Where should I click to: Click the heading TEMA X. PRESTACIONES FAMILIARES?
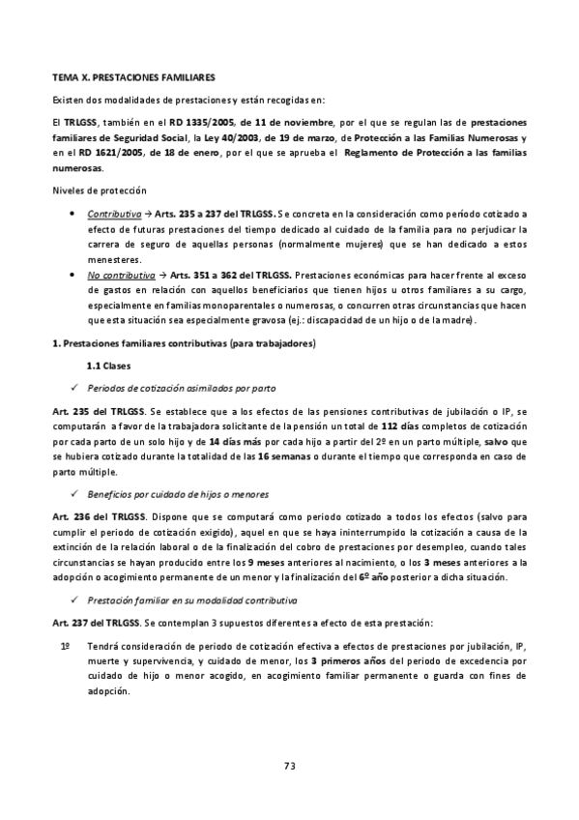pos(132,75)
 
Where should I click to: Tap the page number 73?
pos(289,766)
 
